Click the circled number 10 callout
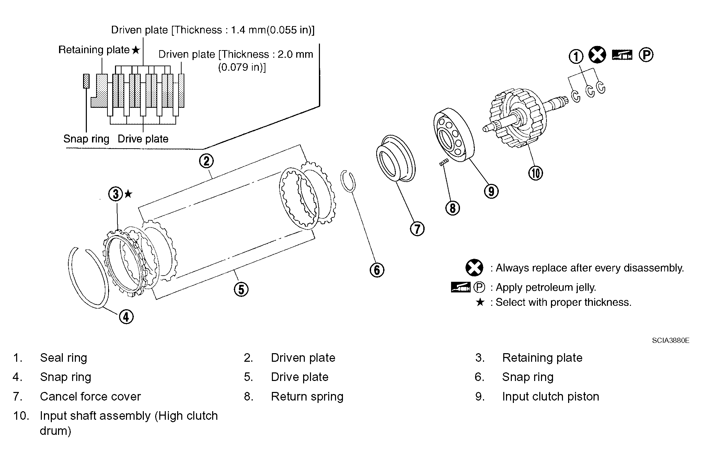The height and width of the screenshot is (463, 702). [x=536, y=173]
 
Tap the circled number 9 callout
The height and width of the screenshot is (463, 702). [x=491, y=191]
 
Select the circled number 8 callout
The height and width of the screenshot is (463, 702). [x=452, y=208]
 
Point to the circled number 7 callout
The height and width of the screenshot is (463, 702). [x=417, y=229]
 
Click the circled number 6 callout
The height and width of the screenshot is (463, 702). [x=377, y=269]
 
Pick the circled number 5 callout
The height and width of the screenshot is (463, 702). [x=241, y=289]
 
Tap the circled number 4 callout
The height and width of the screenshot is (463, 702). [x=126, y=316]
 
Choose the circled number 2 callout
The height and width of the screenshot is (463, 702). [x=206, y=161]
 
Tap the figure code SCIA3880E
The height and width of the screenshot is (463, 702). [x=670, y=340]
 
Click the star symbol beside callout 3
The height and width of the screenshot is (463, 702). [x=128, y=194]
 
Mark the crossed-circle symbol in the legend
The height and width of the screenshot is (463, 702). [x=474, y=268]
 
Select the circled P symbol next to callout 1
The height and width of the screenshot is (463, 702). [x=646, y=55]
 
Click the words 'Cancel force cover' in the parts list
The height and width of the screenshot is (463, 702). [x=90, y=396]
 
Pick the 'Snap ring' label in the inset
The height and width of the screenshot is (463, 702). [x=86, y=139]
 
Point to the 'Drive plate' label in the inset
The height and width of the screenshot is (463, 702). [x=143, y=139]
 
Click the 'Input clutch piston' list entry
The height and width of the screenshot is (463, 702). [x=550, y=396]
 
